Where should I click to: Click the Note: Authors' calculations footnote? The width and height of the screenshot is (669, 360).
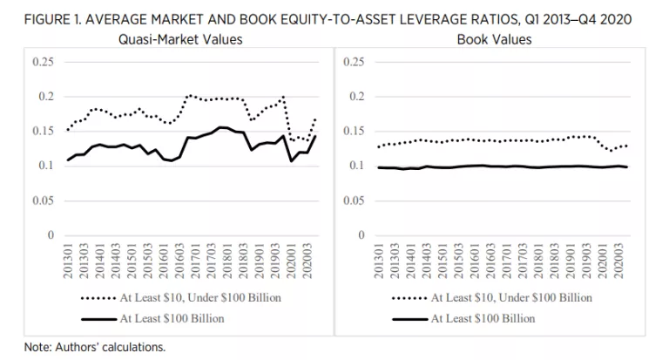tap(83, 347)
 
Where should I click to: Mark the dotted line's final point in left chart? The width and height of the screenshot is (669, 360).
tap(315, 119)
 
